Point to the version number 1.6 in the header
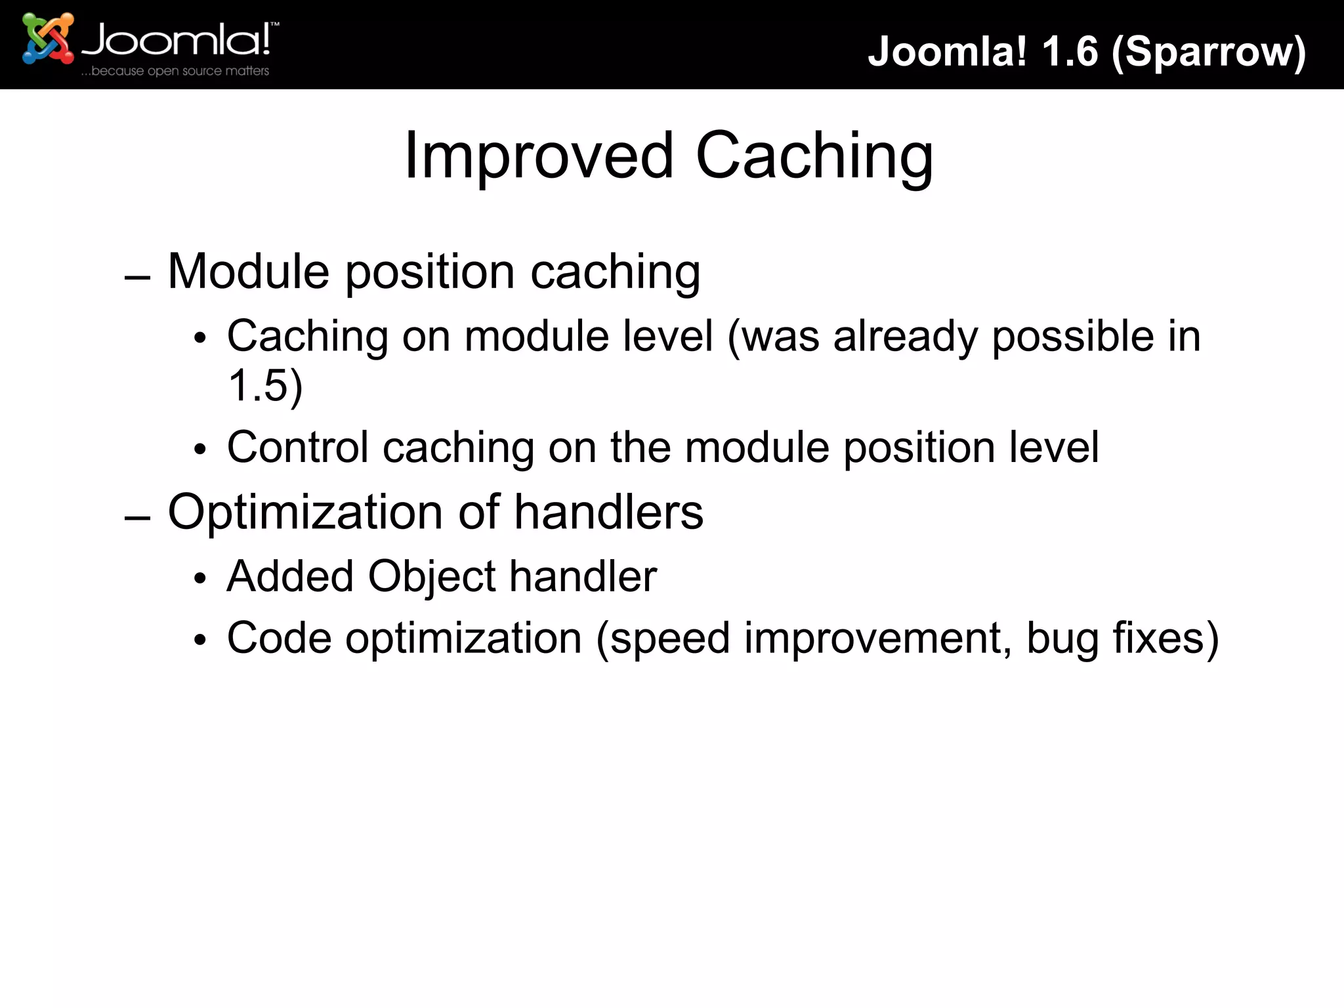click(1070, 51)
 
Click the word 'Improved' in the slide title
click(538, 156)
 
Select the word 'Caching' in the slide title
click(814, 156)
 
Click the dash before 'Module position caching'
click(137, 278)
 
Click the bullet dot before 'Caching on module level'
click(200, 339)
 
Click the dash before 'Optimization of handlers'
click(137, 518)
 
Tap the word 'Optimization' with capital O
click(305, 513)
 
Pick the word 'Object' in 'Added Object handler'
click(431, 577)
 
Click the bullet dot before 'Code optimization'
click(200, 640)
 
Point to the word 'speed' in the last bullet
click(669, 639)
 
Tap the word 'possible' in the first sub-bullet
click(1072, 337)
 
